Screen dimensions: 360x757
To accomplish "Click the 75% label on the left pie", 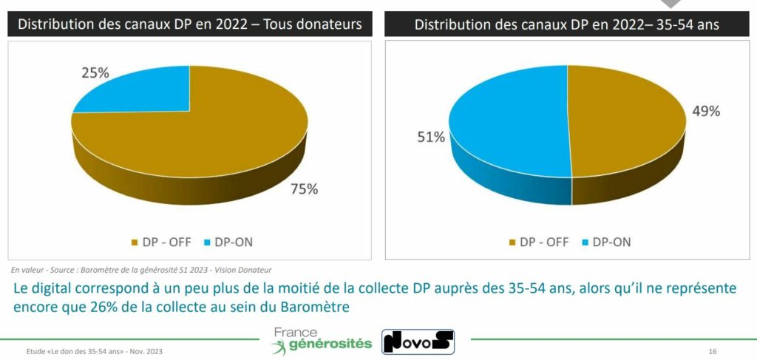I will [303, 189].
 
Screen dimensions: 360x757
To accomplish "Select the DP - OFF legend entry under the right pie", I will [538, 241].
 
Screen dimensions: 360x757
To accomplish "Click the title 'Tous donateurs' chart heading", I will [190, 24].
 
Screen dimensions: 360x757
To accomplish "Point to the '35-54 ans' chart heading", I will [567, 24].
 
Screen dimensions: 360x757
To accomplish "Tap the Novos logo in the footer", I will [418, 341].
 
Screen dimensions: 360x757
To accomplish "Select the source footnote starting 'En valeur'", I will [140, 270].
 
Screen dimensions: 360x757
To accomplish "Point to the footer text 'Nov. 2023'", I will [146, 350].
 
